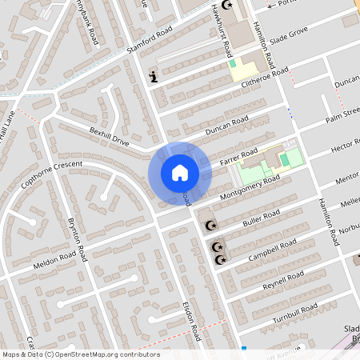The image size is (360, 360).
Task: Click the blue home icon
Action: [180, 173]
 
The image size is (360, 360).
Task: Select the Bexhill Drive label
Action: [109, 134]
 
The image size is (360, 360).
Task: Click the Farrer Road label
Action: [238, 158]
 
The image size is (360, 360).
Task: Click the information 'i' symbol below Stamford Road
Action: [153, 78]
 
